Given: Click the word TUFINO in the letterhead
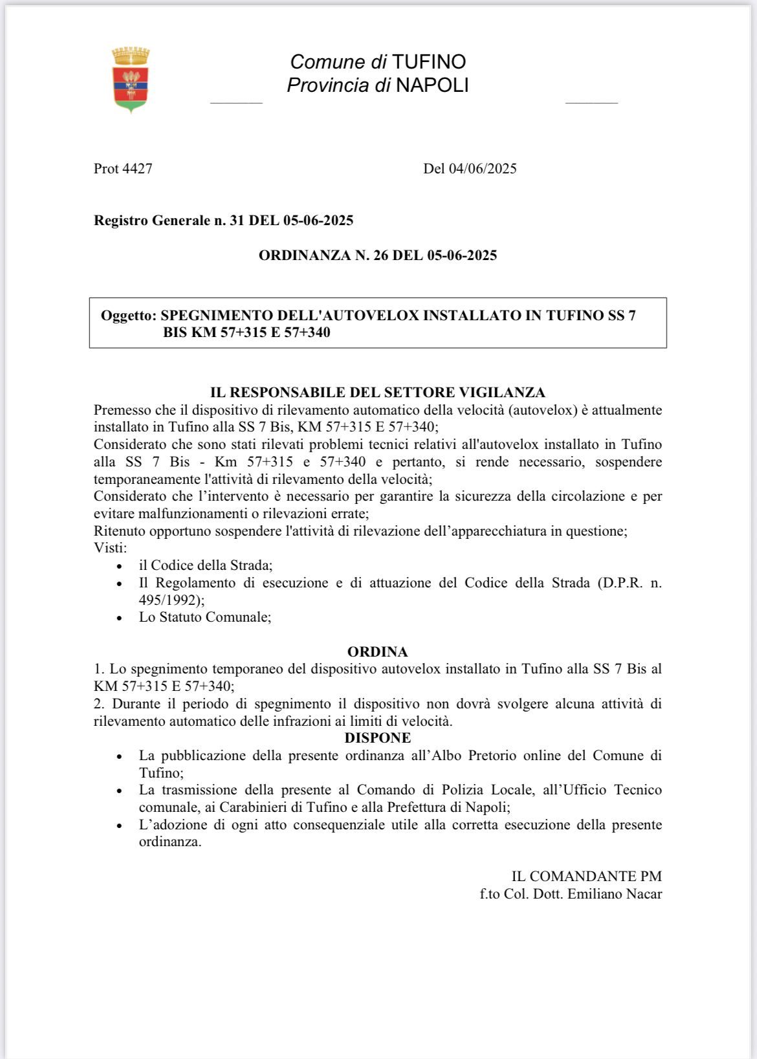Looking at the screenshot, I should point(429,62).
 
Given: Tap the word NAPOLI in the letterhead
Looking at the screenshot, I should point(432,85).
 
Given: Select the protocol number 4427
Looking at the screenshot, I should point(137,169).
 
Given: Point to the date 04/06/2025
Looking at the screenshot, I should point(483,169).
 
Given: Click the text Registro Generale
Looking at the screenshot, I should point(152,221).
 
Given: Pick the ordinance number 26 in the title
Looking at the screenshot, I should point(380,256).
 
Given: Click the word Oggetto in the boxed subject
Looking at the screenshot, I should point(127,316).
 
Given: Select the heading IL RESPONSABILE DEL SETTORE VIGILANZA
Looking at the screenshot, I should point(378,393).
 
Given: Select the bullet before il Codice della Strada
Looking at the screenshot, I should point(119,566).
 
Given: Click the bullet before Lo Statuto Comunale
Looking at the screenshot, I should point(119,618).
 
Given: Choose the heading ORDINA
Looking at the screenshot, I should point(378,652).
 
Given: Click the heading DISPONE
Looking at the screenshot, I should point(378,738).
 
